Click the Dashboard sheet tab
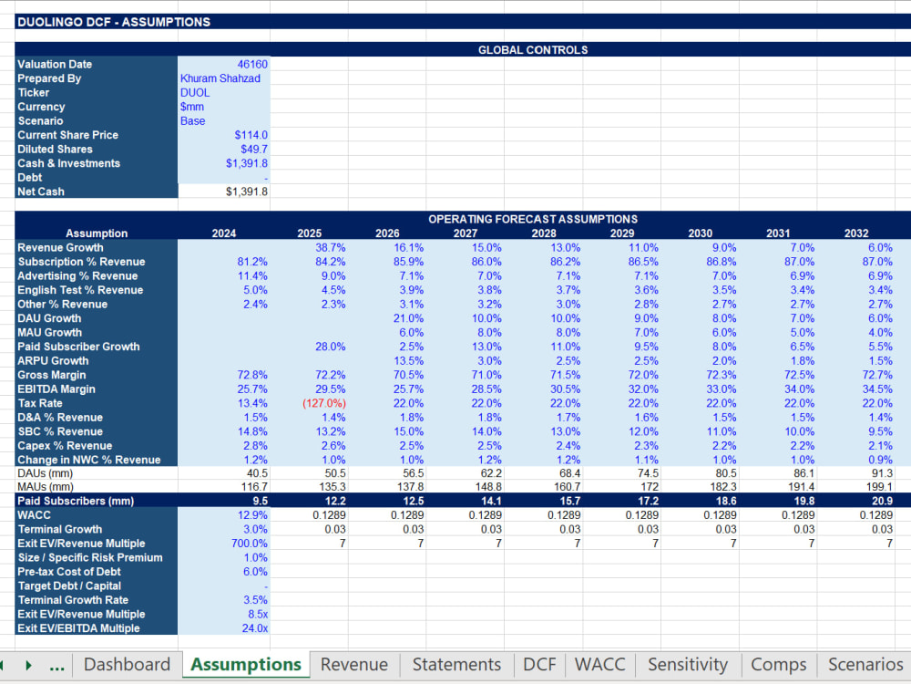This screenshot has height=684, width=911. [x=128, y=664]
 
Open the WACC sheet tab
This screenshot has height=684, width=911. [x=600, y=664]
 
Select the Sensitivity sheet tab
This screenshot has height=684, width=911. [x=688, y=664]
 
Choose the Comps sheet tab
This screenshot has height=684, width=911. [x=779, y=664]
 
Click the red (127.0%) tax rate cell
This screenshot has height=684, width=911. [x=324, y=403]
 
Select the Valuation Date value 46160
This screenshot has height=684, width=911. [x=252, y=64]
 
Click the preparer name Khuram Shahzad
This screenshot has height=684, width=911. [x=220, y=78]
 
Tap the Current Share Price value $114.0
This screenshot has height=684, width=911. [x=251, y=135]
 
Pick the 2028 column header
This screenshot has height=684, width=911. [x=544, y=233]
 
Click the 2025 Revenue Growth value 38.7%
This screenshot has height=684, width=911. [x=331, y=248]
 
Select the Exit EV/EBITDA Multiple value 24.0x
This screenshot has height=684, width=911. [x=254, y=628]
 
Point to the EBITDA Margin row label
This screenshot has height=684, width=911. [x=56, y=389]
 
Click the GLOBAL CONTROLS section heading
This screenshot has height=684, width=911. [x=533, y=50]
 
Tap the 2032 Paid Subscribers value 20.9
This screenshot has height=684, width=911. [x=882, y=501]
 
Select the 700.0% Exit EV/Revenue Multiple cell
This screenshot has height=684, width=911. [x=250, y=544]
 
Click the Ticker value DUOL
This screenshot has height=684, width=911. [x=195, y=92]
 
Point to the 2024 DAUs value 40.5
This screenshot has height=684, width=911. [x=258, y=473]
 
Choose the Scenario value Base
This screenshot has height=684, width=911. [x=193, y=121]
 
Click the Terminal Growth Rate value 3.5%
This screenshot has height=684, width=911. [x=256, y=600]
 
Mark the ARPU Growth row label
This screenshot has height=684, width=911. [x=53, y=360]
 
